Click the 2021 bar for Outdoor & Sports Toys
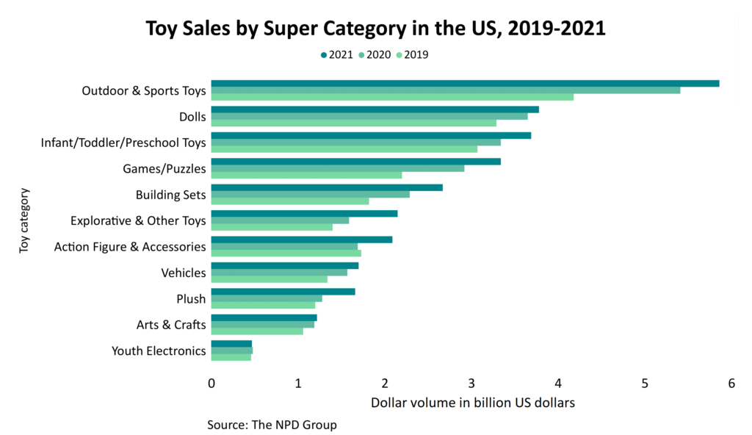point(465,83)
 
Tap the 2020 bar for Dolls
point(369,116)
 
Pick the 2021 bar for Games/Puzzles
point(355,161)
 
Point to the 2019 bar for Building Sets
point(289,201)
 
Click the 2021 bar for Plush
point(283,292)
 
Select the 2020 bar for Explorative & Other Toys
point(280,220)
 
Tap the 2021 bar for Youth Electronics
point(231,343)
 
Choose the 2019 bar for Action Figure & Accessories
point(286,254)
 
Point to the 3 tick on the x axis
point(471,384)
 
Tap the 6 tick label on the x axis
point(731,384)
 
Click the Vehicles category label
point(184,273)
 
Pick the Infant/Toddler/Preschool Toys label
point(123,143)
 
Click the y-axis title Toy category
point(24,220)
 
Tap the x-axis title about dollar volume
point(472,403)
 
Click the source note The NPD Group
point(272,425)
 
